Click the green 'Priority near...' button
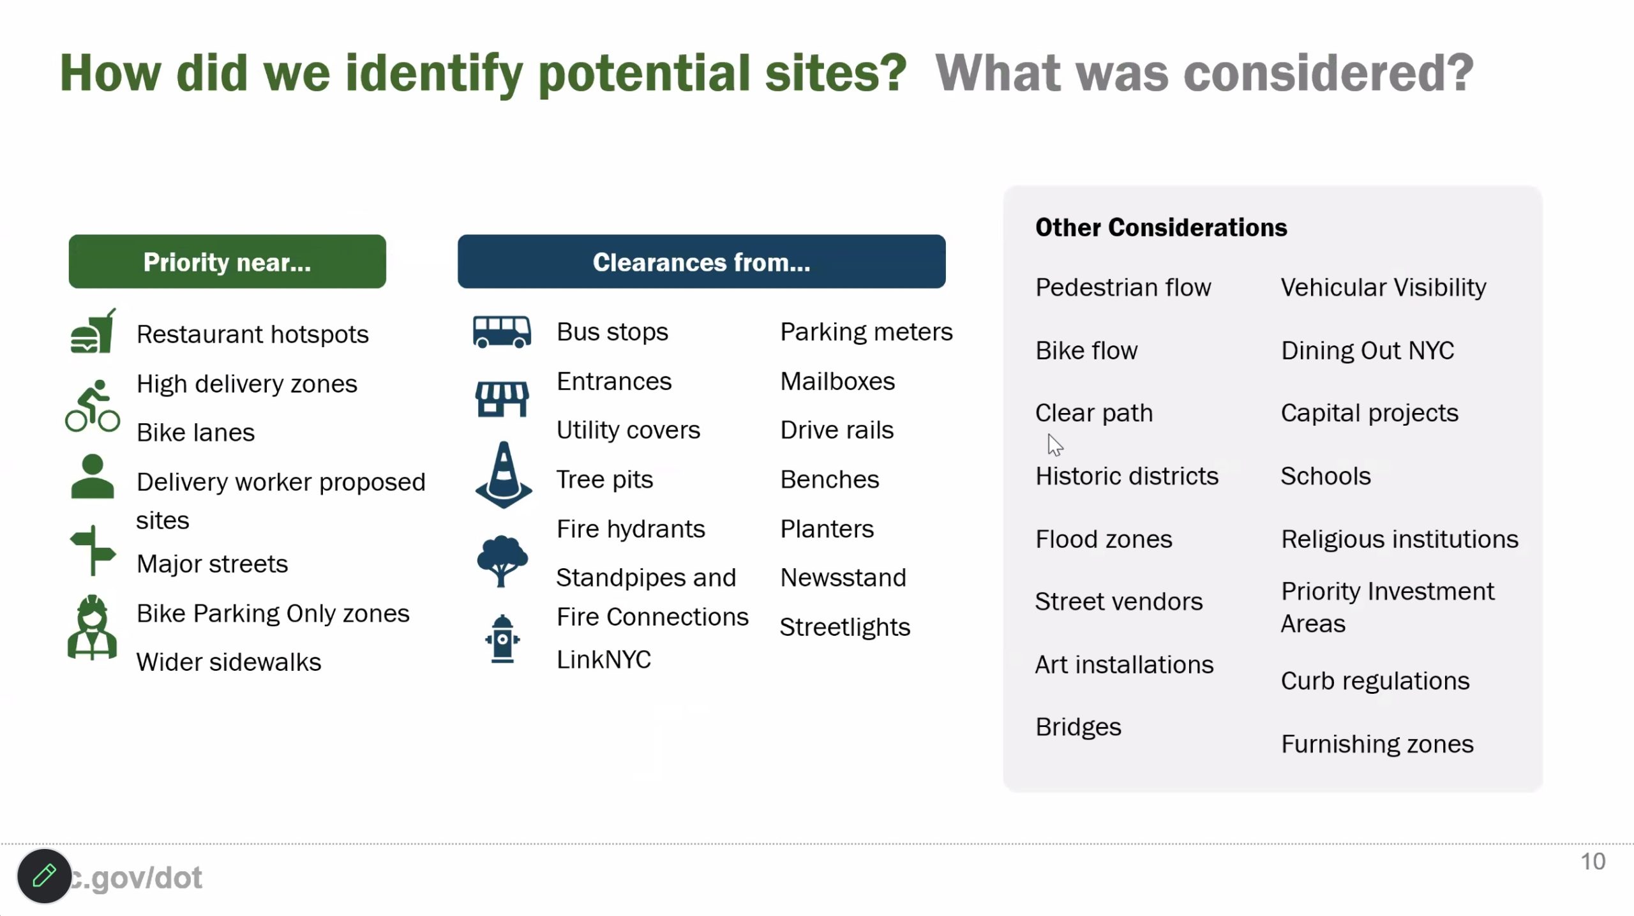[227, 262]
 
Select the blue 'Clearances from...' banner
[701, 262]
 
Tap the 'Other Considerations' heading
[1161, 227]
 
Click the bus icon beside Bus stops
[502, 332]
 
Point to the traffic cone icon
[504, 474]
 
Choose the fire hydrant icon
[502, 638]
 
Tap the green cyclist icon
[93, 406]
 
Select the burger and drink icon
[93, 331]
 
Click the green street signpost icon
[93, 550]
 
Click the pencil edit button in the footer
[44, 876]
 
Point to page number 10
[1593, 861]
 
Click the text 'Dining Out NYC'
[1367, 350]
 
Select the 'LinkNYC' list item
[604, 659]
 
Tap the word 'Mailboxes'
[837, 381]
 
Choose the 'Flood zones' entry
[1104, 539]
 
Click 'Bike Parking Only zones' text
[273, 613]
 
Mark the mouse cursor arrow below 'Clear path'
[1054, 445]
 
